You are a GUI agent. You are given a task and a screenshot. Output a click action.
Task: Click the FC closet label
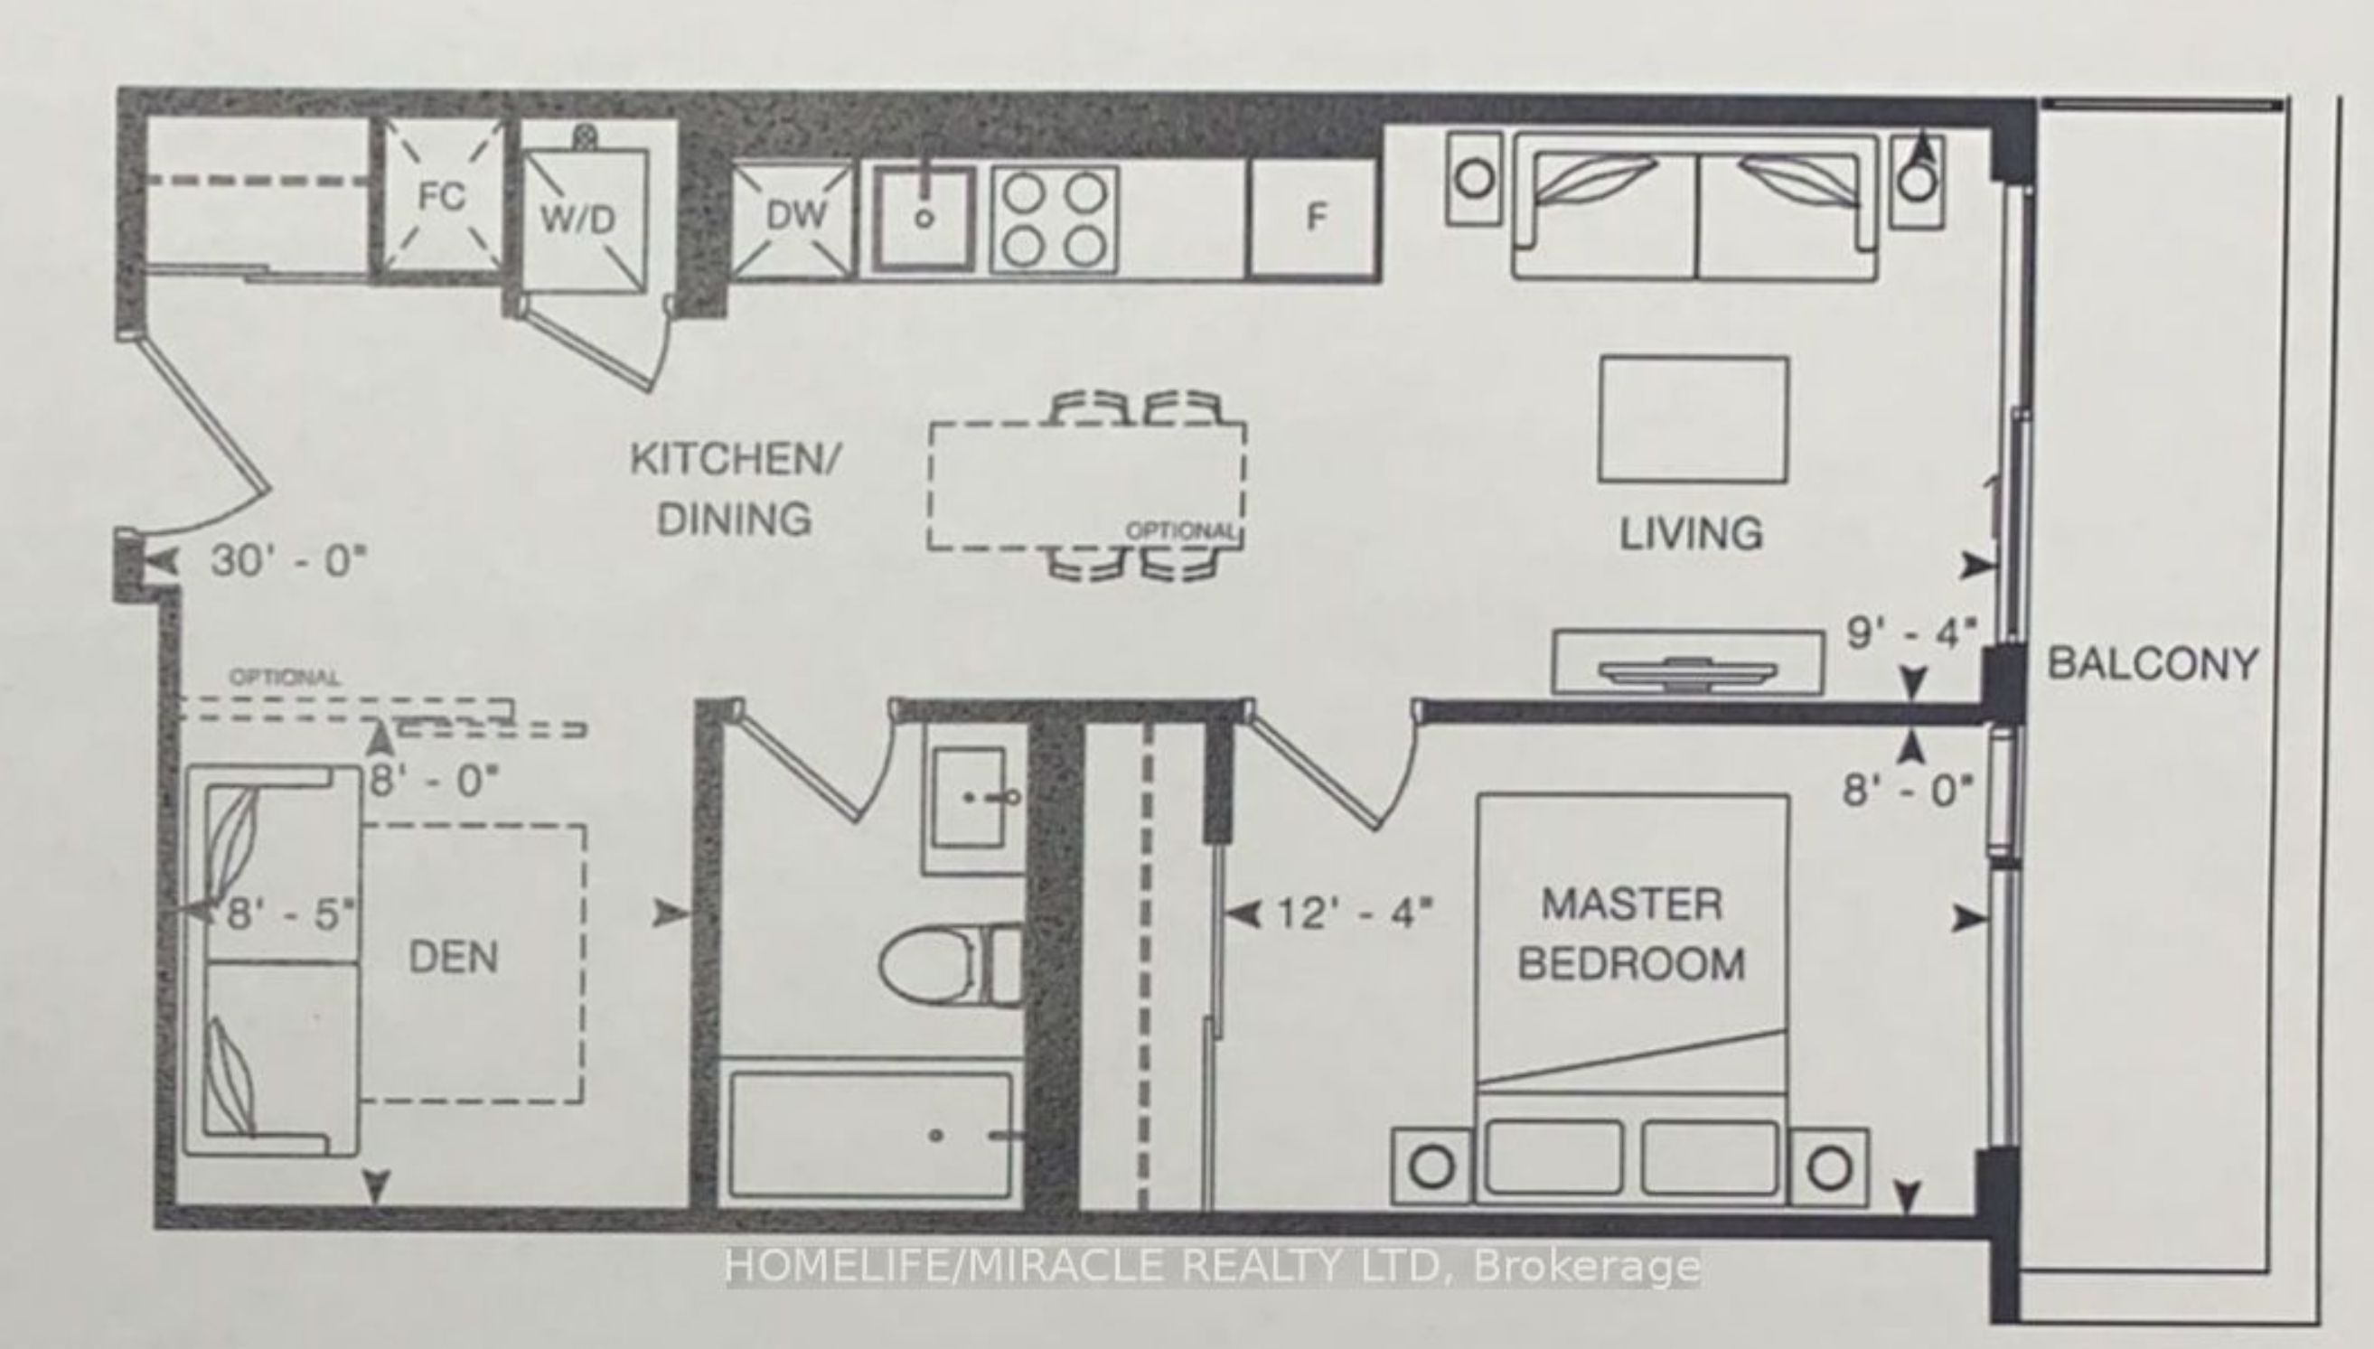[441, 196]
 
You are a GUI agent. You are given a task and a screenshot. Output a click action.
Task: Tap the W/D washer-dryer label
[577, 220]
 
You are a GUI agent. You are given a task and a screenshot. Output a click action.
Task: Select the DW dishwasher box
[794, 220]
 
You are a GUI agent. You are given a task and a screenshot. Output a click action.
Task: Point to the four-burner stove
[1054, 220]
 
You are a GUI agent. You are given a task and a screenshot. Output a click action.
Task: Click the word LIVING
[1690, 533]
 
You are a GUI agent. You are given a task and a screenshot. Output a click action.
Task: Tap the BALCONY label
[2152, 663]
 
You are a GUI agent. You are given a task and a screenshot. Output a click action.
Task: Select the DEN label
[453, 956]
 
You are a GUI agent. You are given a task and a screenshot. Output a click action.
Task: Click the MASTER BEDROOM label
[1631, 934]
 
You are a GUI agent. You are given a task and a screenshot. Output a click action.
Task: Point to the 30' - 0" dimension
[289, 560]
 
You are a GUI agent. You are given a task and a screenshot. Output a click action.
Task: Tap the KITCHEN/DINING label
[735, 488]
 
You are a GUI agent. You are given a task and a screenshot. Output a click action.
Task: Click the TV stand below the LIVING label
[1687, 661]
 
